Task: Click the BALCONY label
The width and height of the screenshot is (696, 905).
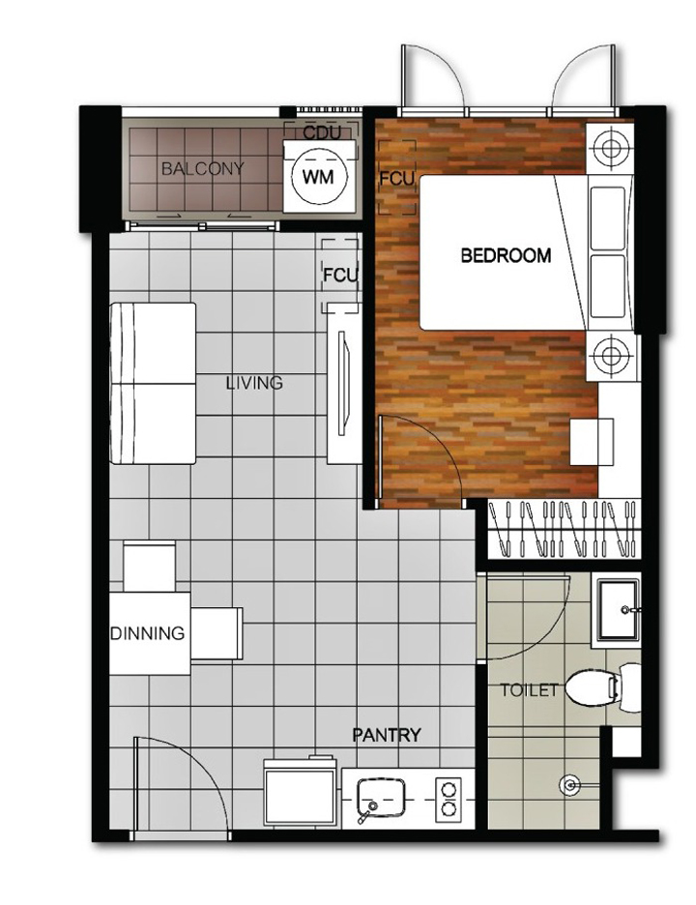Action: [x=203, y=168]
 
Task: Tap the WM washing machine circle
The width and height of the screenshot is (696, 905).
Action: [x=319, y=177]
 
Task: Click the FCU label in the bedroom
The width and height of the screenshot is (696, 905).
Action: [x=396, y=179]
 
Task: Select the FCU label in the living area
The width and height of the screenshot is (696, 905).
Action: [x=340, y=276]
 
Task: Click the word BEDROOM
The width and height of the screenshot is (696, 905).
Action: [x=506, y=255]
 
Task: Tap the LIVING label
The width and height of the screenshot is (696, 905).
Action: [x=254, y=383]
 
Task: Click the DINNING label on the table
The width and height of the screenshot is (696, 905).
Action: [x=147, y=633]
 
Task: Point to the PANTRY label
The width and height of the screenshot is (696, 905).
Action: [x=387, y=735]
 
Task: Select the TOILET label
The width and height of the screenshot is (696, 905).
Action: [x=529, y=689]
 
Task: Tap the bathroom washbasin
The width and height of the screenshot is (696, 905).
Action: [x=617, y=609]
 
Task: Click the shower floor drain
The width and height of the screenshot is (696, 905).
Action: [x=569, y=785]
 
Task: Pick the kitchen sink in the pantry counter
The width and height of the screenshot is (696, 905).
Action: [x=380, y=798]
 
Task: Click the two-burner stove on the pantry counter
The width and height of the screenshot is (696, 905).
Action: [x=449, y=799]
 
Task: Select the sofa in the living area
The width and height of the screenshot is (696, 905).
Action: [x=153, y=383]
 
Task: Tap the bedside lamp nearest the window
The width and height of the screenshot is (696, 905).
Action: [x=609, y=148]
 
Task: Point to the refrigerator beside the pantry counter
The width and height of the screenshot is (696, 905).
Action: [x=300, y=793]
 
